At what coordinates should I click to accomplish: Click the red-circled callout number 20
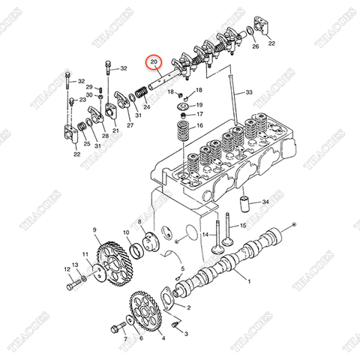click(x=154, y=62)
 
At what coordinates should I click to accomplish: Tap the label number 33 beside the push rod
click(x=249, y=92)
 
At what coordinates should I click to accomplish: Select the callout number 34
click(x=265, y=202)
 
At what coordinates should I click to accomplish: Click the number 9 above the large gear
click(x=95, y=229)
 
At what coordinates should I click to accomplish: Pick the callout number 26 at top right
click(x=255, y=46)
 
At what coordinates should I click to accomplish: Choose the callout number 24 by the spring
click(x=146, y=107)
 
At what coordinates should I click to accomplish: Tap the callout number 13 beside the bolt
click(x=65, y=265)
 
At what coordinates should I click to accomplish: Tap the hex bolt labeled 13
click(x=73, y=284)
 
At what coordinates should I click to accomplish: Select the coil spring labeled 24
click(x=140, y=94)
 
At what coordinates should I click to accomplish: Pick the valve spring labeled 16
click(x=182, y=134)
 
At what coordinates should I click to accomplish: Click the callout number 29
click(x=88, y=88)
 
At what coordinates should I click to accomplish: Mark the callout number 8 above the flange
click(x=139, y=223)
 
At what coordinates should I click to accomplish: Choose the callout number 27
click(x=130, y=125)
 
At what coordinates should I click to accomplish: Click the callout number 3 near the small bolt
click(x=186, y=332)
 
